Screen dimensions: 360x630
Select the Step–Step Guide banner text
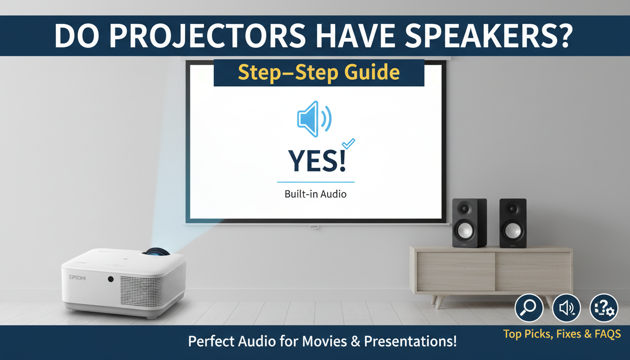(319, 73)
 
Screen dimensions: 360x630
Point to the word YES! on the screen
(317, 161)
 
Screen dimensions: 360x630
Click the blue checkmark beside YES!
(349, 143)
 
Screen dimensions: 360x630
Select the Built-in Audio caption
(315, 194)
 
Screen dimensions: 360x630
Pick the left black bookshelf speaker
(469, 223)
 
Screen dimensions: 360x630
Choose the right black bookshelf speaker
(513, 223)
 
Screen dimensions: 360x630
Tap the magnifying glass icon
(529, 308)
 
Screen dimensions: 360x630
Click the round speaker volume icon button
(566, 308)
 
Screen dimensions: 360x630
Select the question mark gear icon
(604, 308)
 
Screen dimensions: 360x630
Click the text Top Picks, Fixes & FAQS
(562, 334)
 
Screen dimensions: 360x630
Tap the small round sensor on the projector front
(111, 279)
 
